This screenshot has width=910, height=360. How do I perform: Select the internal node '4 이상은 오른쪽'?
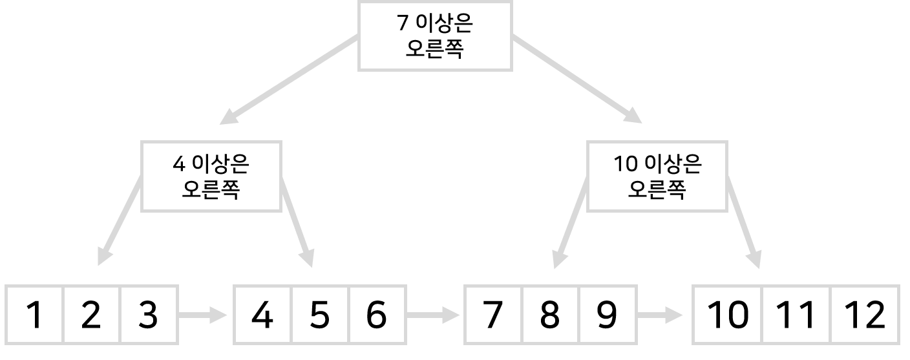pos(211,176)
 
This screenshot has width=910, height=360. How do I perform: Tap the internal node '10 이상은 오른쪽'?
pos(657,176)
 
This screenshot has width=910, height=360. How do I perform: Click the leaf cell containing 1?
pos(35,315)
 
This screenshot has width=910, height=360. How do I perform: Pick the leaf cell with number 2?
pos(91,315)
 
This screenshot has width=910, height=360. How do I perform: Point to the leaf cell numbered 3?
pos(148,315)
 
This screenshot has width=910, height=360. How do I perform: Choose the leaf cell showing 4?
pos(262,315)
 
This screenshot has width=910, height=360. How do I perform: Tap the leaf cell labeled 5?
pos(319,315)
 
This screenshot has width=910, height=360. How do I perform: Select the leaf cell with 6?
pos(377,315)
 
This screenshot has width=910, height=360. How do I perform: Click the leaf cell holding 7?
pos(492,315)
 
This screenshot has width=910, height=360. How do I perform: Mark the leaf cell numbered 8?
pos(550,315)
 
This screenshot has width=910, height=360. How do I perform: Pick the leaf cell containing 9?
pos(608,315)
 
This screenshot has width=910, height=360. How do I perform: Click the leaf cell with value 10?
pos(728,315)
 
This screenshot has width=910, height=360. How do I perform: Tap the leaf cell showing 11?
pos(797,315)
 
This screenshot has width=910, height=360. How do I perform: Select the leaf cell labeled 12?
pos(865,315)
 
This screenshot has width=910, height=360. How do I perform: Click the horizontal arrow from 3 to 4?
pos(203,316)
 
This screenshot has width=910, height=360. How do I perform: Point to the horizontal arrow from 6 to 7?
pos(434,316)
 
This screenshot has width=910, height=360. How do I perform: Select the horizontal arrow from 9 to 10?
pos(661,316)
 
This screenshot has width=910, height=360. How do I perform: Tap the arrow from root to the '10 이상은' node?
pos(577,79)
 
